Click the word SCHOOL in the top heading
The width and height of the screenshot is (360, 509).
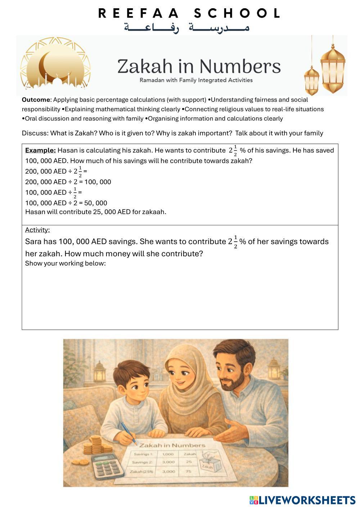click(237, 13)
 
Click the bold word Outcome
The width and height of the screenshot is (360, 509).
click(36, 100)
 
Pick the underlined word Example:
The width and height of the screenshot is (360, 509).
click(40, 150)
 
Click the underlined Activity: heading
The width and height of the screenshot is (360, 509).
click(37, 230)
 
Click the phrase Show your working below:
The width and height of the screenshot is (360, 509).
click(65, 263)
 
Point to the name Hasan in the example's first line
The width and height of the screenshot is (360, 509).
click(68, 150)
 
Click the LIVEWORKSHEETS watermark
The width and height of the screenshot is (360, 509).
click(302, 500)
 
